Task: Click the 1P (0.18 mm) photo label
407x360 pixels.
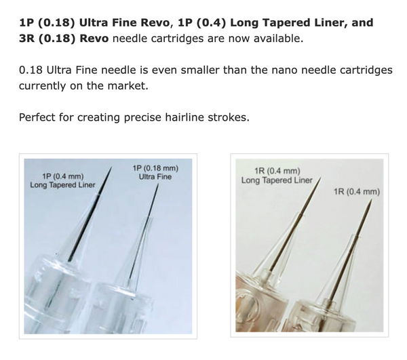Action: pyautogui.click(x=155, y=168)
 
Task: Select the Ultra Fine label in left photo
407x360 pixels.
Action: pyautogui.click(x=155, y=177)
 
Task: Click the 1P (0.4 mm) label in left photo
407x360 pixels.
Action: pyautogui.click(x=63, y=176)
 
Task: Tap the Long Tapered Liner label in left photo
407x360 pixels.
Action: pyautogui.click(x=62, y=185)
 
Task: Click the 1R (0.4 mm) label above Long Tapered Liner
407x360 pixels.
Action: pyautogui.click(x=277, y=171)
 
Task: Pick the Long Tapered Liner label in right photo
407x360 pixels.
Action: pyautogui.click(x=277, y=180)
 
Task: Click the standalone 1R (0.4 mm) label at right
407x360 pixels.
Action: pyautogui.click(x=357, y=192)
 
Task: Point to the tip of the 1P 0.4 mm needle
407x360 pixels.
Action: pyautogui.click(x=112, y=167)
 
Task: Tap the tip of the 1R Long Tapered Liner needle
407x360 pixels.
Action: pyautogui.click(x=321, y=178)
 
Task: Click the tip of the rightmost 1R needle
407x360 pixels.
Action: pyautogui.click(x=372, y=199)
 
